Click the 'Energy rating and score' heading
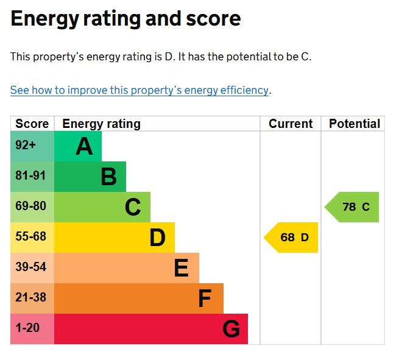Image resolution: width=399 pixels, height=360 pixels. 125,19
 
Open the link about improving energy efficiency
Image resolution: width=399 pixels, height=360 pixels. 139,90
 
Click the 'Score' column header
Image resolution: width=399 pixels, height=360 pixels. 32,124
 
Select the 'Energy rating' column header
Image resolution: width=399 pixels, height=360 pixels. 101,124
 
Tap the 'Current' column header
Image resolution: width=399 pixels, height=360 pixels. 291,124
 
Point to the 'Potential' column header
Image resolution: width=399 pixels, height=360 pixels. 354,124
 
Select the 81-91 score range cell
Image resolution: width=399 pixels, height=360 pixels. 30,176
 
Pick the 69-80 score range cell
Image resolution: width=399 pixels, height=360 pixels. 30,206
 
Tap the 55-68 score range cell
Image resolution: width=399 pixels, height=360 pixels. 30,237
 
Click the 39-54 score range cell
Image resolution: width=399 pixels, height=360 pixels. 30,267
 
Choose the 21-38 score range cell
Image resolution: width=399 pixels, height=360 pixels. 30,298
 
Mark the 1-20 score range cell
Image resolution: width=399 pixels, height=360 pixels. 27,328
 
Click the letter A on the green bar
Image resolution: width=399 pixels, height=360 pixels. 84,146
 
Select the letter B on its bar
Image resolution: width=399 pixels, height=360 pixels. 108,177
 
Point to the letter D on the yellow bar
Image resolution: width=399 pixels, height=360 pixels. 157,238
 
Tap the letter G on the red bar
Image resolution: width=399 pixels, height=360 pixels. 231,329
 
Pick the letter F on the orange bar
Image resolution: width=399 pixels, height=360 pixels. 205,298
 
